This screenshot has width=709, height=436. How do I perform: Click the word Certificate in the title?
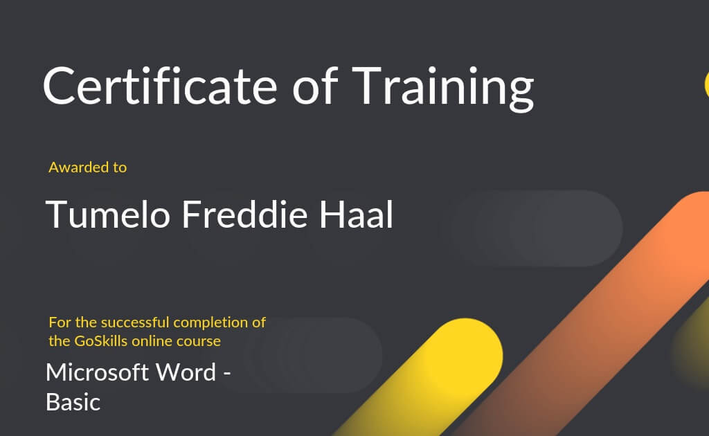point(160,86)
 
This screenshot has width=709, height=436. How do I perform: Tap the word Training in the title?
point(442,88)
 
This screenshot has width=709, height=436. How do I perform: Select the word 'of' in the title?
point(315,86)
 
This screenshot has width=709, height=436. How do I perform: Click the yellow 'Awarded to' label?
point(88,167)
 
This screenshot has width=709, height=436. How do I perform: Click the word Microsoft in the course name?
point(97,372)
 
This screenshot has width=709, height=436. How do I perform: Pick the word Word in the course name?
point(186,372)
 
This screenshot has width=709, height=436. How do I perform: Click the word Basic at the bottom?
point(73,402)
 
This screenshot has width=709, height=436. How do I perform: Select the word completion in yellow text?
point(210,323)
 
